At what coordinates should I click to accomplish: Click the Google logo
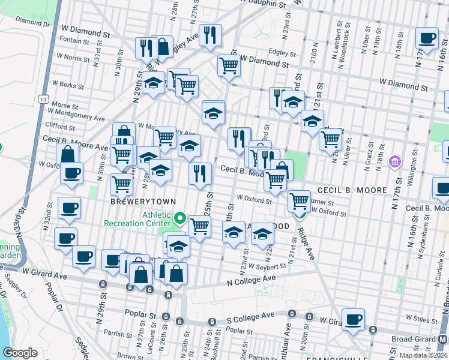20,353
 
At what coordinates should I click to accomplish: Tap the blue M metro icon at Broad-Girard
443,339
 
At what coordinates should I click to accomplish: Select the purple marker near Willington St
394,161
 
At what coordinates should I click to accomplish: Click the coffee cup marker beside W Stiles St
353,319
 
